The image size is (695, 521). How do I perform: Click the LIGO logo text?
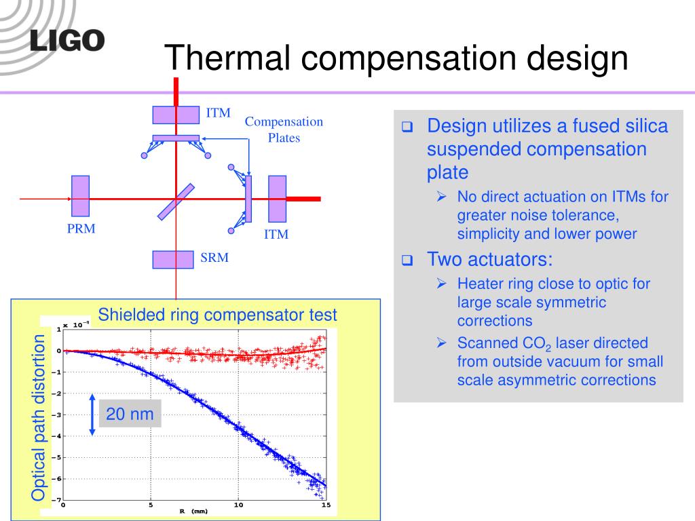tap(67, 41)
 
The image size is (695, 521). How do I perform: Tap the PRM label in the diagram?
tap(81, 229)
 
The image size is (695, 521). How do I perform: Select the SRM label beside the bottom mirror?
tap(214, 257)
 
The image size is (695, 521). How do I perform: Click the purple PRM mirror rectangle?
tap(80, 196)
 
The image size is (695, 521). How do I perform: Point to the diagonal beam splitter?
tap(176, 202)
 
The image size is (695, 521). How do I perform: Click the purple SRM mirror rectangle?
tap(173, 260)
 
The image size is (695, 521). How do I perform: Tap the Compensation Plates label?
tap(284, 130)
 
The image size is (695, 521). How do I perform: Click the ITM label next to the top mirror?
tap(218, 113)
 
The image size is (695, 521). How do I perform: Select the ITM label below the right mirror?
tap(276, 234)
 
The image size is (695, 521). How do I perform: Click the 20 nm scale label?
tap(130, 414)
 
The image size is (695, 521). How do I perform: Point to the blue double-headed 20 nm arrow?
tap(92, 414)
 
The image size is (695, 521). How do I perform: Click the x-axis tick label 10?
tap(238, 505)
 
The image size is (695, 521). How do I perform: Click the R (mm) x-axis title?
tap(193, 512)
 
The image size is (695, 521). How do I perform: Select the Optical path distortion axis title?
tap(39, 418)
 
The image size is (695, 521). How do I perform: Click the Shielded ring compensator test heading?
tap(217, 315)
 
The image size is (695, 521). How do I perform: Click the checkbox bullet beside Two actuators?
tap(407, 260)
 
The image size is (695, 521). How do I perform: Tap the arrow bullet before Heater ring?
tap(441, 283)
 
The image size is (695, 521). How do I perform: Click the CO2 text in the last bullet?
tap(537, 344)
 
